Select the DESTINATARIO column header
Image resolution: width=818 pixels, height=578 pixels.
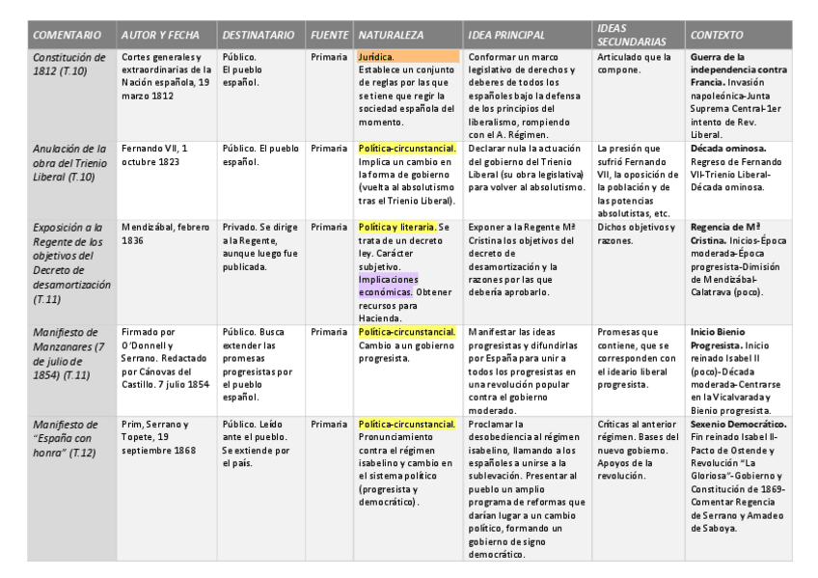(258, 35)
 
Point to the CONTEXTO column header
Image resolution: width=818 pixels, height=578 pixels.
(716, 35)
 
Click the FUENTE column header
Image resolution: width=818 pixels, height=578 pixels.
(330, 35)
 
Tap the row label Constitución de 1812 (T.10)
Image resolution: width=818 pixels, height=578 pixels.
(68, 64)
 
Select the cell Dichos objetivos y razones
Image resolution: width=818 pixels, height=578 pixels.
(634, 234)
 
